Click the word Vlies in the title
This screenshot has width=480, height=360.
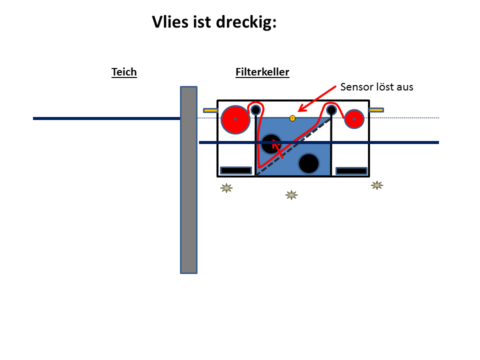click(170, 22)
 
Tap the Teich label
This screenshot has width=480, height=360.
click(124, 72)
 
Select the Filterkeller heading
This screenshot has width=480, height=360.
click(262, 72)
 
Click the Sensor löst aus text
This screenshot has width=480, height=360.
click(377, 87)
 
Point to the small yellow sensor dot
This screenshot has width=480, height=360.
click(292, 118)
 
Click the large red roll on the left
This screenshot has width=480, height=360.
click(235, 119)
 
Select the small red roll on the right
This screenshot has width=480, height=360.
click(354, 119)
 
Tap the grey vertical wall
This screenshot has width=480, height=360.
click(188, 180)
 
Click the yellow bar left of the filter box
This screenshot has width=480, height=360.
click(210, 110)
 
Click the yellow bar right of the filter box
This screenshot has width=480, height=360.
click(376, 110)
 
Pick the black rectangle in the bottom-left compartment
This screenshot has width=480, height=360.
click(236, 170)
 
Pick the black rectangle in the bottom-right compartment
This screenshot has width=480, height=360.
click(351, 171)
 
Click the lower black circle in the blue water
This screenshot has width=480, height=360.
click(309, 163)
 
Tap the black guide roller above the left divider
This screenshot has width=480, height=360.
click(255, 109)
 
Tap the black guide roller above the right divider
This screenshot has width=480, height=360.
click(331, 109)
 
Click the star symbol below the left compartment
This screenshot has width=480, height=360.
click(226, 188)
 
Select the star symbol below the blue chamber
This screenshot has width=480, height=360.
click(291, 195)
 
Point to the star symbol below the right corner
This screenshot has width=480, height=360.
click(377, 185)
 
